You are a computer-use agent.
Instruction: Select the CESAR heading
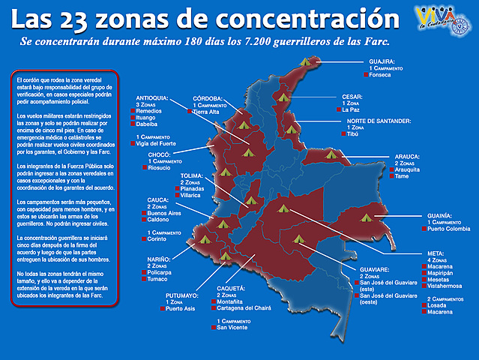click(353, 97)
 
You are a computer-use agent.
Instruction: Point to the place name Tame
click(403, 176)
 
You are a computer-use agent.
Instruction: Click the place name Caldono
click(161, 220)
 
